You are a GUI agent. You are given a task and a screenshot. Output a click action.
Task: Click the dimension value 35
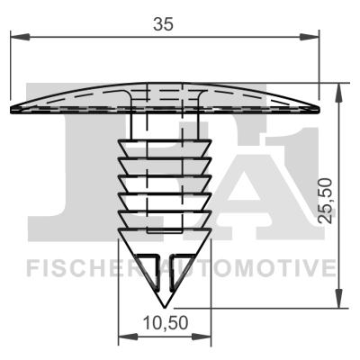coord(163,24)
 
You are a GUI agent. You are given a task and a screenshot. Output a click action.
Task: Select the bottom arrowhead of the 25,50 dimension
coord(339,301)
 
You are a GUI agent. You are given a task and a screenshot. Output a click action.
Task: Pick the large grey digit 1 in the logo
coord(297,171)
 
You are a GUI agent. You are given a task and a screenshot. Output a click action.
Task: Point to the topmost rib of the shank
coord(164,146)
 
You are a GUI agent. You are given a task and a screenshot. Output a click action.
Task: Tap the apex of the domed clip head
coord(164,86)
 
